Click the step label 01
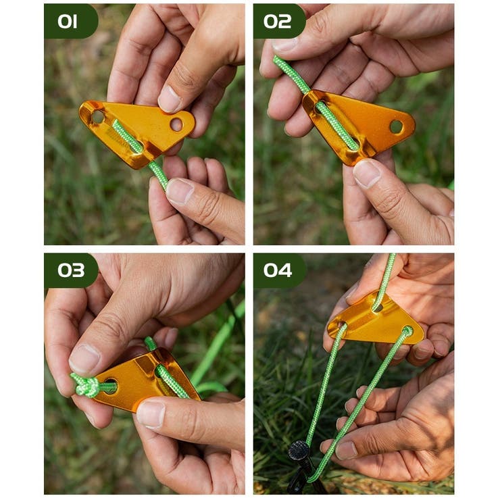point(68,22)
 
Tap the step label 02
point(277,22)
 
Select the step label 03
point(71,270)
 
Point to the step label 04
point(278,270)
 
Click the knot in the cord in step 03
point(85,386)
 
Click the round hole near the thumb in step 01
point(176,124)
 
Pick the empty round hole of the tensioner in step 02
point(397,126)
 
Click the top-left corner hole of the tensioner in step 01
point(97,117)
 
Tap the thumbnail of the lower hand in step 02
point(366,173)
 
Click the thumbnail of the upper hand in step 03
point(84,359)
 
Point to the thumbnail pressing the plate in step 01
point(170,99)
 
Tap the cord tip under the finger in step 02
point(280,64)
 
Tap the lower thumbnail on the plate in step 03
point(151,414)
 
